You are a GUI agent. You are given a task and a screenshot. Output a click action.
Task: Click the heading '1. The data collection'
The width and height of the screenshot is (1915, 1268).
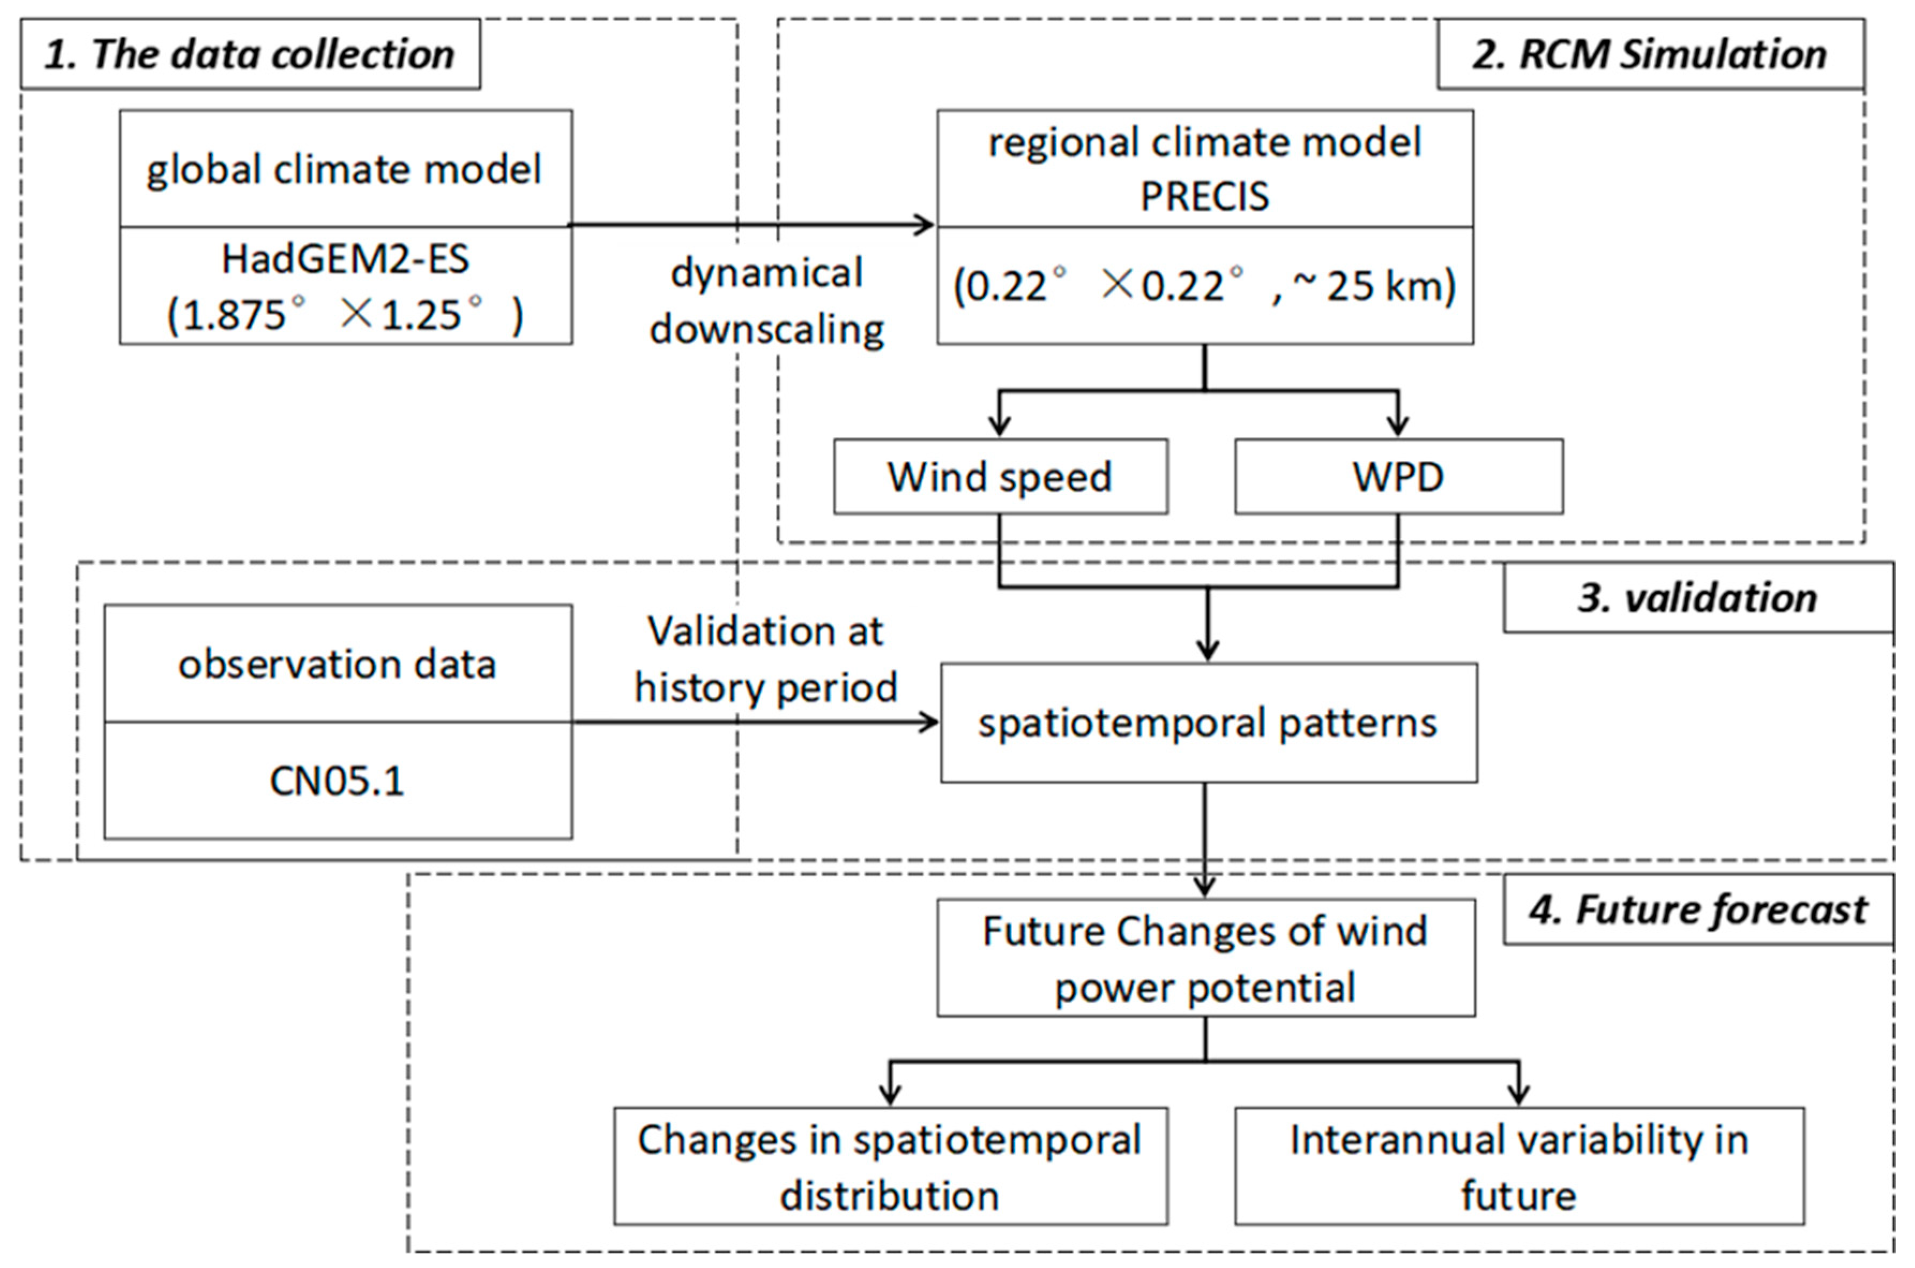coord(249,54)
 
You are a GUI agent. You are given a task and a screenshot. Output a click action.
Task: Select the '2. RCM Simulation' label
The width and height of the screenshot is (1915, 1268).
coord(1650,54)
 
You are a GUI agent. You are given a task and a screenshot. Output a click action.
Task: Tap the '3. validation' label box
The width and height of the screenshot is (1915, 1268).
coord(1697,598)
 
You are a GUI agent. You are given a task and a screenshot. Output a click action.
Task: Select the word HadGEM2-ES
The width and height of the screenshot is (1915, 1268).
coord(345,259)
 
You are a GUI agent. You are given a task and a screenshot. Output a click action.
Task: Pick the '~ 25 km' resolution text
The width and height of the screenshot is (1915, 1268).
coord(1375,286)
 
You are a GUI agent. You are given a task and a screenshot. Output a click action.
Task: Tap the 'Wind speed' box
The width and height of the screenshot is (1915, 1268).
coord(1000,476)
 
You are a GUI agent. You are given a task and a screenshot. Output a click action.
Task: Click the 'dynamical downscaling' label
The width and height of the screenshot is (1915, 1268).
coord(766,301)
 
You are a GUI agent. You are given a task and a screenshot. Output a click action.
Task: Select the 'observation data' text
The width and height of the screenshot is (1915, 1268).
coord(337,664)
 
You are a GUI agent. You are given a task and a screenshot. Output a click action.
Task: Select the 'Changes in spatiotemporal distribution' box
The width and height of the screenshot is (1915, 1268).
coord(890,1167)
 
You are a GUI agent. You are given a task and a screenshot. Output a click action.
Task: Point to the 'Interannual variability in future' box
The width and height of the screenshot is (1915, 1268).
coord(1519,1167)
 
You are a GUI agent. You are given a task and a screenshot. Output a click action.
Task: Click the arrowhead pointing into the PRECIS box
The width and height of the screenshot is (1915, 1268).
coord(926,225)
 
